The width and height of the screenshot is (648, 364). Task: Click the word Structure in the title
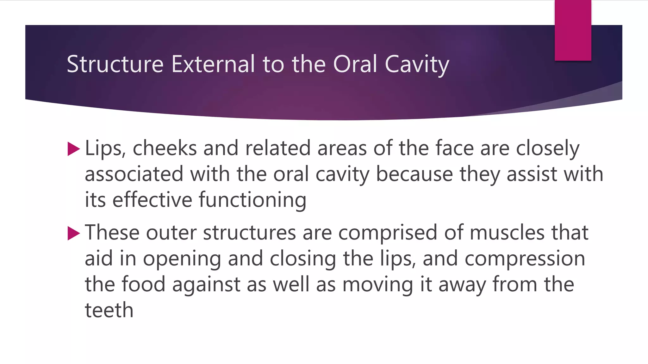[x=115, y=64]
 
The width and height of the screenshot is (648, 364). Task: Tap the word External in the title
[x=213, y=64]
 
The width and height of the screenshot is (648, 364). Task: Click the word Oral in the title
[x=355, y=64]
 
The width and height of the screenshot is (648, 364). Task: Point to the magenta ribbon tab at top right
[x=573, y=30]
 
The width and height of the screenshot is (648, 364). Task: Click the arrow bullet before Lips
[x=74, y=149]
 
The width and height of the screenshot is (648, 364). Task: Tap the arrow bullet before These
[x=74, y=234]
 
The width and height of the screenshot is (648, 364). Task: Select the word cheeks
[x=165, y=149]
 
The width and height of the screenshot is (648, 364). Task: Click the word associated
[x=134, y=174]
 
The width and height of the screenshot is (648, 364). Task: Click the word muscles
[x=507, y=233]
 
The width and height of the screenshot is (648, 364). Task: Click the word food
[x=144, y=284]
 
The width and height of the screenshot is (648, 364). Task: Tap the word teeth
[x=109, y=310]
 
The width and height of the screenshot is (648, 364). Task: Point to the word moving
[x=378, y=285]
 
